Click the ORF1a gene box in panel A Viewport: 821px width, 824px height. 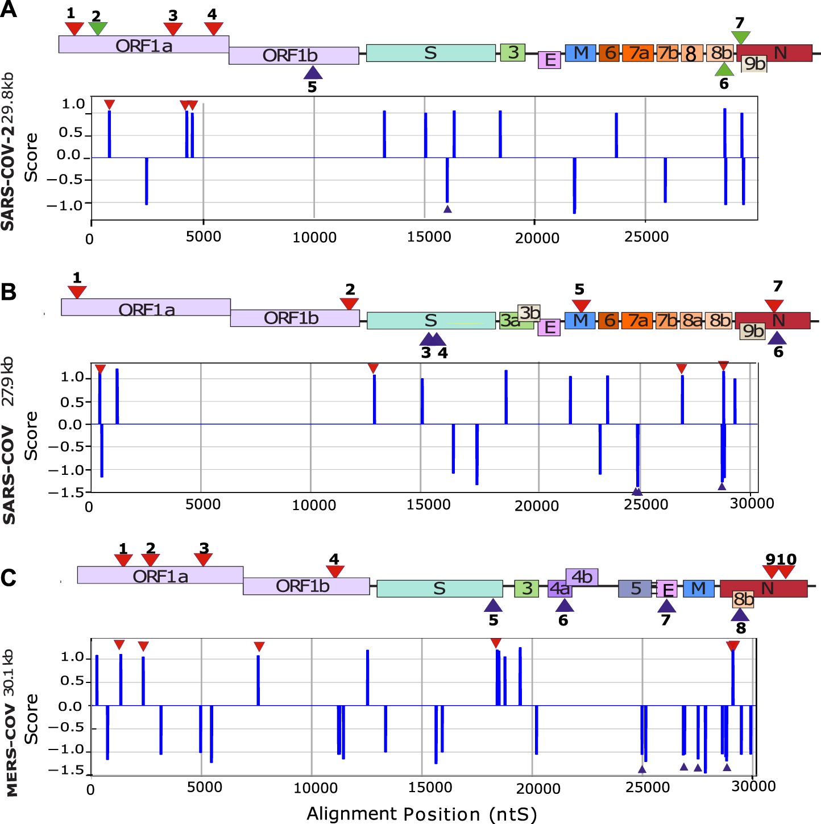[143, 45]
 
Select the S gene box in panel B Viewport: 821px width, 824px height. [430, 321]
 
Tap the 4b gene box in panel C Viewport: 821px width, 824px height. [582, 577]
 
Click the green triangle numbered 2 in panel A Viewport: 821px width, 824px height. [98, 28]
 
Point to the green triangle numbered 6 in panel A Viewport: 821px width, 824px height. [724, 70]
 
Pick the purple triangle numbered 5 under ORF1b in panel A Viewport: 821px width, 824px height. [313, 73]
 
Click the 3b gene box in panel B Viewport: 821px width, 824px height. [529, 313]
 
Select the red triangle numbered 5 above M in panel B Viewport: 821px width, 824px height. [580, 305]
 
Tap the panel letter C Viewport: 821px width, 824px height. [9, 578]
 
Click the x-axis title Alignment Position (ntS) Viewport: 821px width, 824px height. [421, 814]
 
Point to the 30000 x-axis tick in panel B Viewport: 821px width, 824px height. [752, 504]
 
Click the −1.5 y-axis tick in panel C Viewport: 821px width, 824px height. [72, 770]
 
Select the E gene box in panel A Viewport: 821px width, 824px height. [549, 60]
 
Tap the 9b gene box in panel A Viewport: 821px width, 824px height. [754, 64]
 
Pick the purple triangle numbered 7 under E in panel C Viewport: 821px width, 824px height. [666, 606]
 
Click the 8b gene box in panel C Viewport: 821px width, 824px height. [743, 599]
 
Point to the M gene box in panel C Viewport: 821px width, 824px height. [698, 589]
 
